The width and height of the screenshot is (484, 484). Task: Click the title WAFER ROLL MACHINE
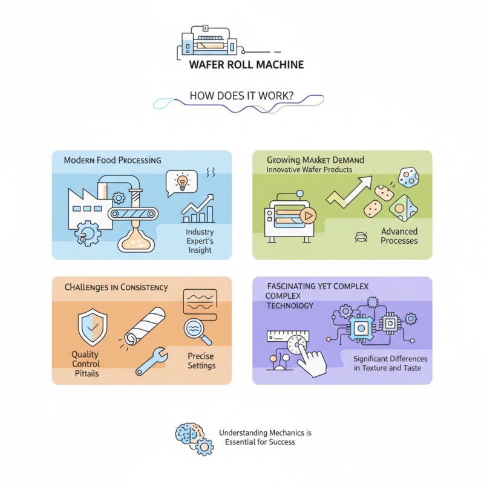pyautogui.click(x=246, y=64)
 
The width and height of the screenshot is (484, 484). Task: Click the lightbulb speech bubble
pyautogui.click(x=181, y=181)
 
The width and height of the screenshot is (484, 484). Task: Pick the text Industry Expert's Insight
pyautogui.click(x=199, y=241)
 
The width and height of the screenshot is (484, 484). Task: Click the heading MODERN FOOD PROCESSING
pyautogui.click(x=113, y=160)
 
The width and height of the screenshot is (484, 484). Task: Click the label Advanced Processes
pyautogui.click(x=399, y=236)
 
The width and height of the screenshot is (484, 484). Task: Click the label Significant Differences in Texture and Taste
pyautogui.click(x=390, y=363)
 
